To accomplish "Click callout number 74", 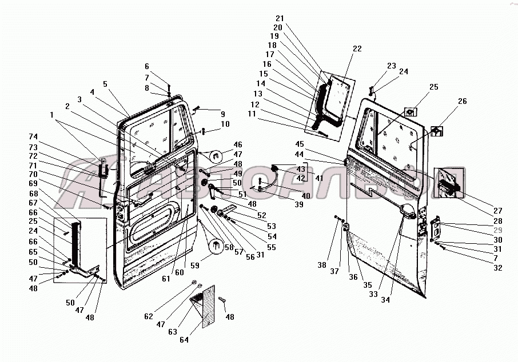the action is coord(33,136).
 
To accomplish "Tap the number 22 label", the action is coord(357,49).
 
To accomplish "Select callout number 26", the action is coord(462,101).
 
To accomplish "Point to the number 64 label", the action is coord(184,340).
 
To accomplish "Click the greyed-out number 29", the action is coord(497,230).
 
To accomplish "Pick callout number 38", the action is coord(322,265).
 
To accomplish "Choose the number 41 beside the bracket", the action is coord(319,178).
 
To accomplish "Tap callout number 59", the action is coord(194,265).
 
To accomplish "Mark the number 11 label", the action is coord(252,114).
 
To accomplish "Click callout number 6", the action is coord(147,66).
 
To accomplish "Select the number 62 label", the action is coord(149,316).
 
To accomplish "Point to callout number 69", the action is coord(33,183).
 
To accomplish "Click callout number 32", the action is coord(497,268).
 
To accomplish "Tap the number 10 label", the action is coord(225,124).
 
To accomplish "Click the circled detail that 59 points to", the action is coord(216,246).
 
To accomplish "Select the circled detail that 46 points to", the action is coord(215,156).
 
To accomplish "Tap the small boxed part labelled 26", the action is coord(437,131).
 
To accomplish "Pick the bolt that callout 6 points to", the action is coord(169,89).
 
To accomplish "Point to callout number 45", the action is coord(299,144).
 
